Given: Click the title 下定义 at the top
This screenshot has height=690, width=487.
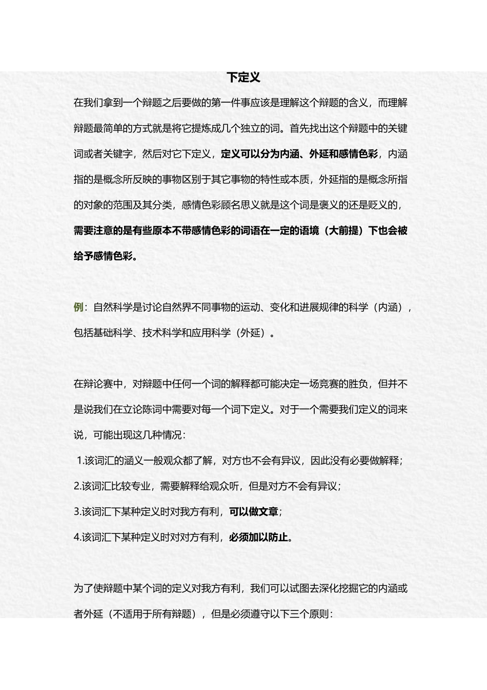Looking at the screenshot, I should click(243, 78).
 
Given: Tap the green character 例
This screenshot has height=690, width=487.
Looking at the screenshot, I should click(78, 308).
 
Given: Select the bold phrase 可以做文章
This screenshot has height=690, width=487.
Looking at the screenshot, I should click(253, 512).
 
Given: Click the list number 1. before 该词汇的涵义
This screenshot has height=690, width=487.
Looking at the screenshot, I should click(80, 461).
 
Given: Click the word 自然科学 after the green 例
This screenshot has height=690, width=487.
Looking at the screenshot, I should click(113, 308).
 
